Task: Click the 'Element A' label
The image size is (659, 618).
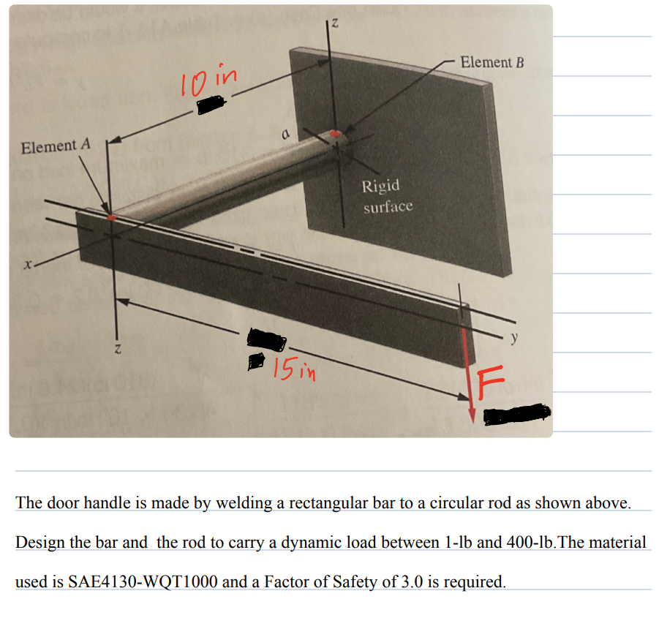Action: (56, 146)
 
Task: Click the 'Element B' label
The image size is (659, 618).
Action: (492, 62)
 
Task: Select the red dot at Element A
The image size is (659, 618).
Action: (111, 217)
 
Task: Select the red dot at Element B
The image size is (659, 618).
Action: (335, 134)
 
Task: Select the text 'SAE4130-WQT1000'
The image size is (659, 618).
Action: (129, 582)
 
